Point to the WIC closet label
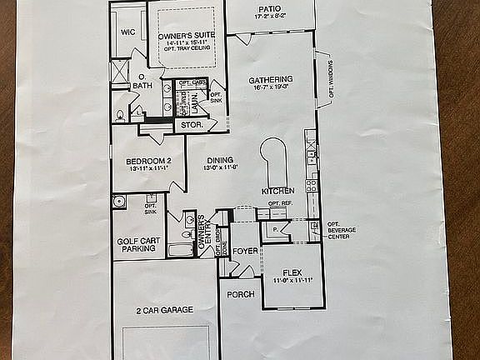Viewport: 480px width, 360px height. point(127,32)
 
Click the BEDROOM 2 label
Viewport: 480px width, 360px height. point(148,161)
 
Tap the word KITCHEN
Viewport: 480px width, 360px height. point(277,191)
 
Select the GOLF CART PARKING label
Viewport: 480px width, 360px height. point(135,244)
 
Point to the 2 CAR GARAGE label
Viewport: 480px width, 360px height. point(164,310)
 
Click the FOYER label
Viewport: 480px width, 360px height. point(245,249)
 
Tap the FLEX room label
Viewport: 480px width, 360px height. point(292,272)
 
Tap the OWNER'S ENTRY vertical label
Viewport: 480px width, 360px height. point(206,237)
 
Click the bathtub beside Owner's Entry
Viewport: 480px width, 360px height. point(180,249)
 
